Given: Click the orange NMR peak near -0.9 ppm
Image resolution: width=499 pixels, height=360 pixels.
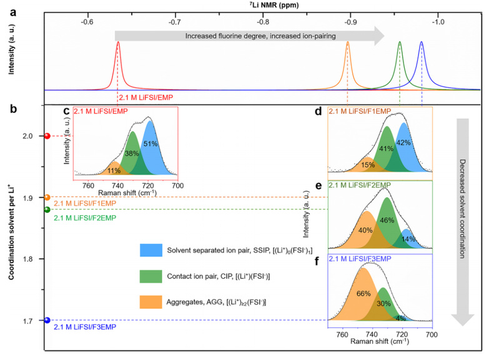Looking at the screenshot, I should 347,45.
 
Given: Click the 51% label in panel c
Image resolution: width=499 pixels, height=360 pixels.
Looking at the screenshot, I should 150,144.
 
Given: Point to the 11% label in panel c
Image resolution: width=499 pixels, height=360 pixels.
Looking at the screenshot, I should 114,170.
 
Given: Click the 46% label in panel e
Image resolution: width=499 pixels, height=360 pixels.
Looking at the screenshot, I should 387,220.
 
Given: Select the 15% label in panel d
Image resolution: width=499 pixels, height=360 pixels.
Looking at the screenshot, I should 368,165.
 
